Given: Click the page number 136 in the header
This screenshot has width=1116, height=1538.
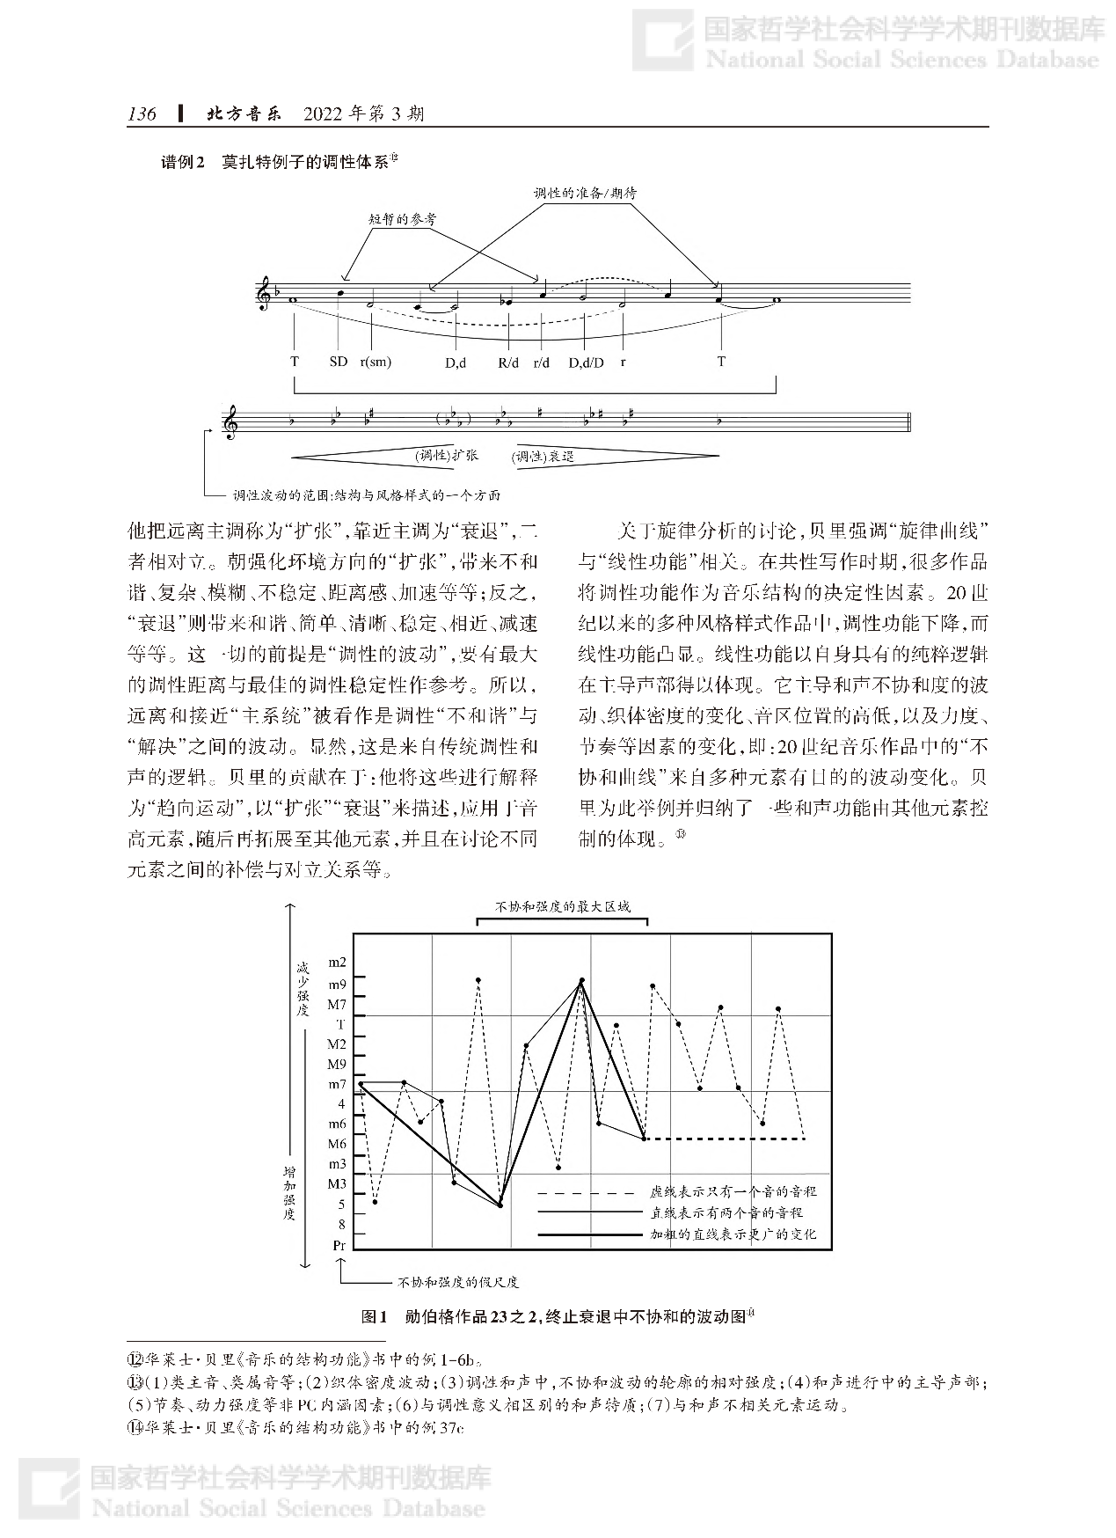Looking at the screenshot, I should pos(142,114).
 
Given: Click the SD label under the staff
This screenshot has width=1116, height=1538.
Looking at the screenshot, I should pos(339,362).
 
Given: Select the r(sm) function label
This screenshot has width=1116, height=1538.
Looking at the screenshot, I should pos(376,362).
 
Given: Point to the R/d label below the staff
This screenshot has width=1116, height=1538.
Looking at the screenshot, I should pos(509,362).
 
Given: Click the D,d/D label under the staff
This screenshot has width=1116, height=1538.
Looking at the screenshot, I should pos(586,362).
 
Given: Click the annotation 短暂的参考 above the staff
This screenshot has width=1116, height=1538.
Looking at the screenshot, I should pos(403,219).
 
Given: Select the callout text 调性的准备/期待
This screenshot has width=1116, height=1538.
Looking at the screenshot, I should pos(585,193).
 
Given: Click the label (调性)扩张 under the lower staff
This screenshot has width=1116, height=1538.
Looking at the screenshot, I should pos(447,456).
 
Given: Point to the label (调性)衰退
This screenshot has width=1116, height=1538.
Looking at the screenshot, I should pos(543,457).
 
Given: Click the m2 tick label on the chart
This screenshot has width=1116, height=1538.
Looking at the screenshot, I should pos(337,963).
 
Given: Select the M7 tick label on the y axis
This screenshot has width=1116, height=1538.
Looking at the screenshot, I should pos(337,1004).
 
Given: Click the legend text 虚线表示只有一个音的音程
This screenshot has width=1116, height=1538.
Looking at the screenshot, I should pos(733,1191).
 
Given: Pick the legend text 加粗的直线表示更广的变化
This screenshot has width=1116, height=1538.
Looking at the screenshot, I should pos(733,1234).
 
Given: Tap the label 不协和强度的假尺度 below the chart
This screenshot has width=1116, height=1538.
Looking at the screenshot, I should pos(458,1282).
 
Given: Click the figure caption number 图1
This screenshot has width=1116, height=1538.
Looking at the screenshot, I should pos(375,1317).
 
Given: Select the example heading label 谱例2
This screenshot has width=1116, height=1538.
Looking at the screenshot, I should pos(182,162).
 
